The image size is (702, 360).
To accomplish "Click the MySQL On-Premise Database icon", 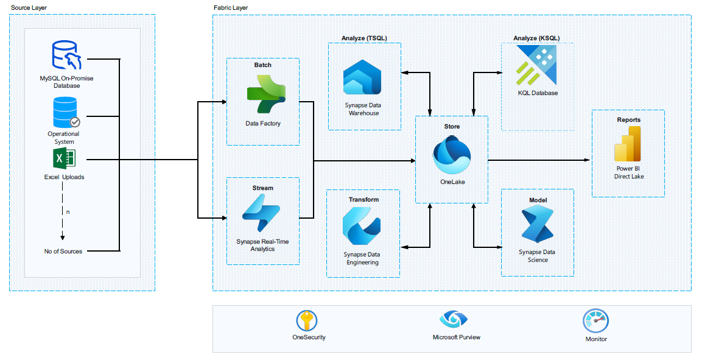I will [66, 55].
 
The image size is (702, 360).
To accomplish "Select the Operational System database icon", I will [65, 112].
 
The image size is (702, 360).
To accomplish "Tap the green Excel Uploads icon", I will [65, 160].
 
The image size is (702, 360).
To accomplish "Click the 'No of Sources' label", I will [63, 251].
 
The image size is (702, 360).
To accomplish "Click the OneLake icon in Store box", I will [452, 155].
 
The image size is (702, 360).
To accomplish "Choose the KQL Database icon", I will [536, 66].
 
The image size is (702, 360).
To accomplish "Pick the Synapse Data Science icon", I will [537, 225].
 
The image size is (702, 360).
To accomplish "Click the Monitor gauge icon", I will [595, 320].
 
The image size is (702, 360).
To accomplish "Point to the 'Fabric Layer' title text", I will [230, 7].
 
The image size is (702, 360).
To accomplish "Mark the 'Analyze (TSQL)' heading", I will [364, 38].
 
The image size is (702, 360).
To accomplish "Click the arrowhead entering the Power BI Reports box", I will [588, 160].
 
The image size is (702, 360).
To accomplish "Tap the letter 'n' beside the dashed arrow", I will [68, 212].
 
